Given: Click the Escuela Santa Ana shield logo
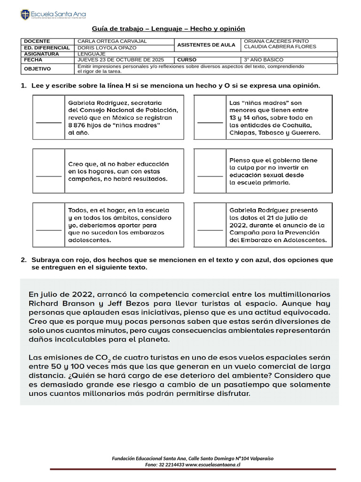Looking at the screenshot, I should tap(25, 15).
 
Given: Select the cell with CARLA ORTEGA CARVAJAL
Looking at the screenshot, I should tap(112, 41).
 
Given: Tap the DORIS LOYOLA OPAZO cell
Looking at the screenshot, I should tap(107, 48).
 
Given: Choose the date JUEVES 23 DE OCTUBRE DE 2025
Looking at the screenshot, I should tap(121, 60).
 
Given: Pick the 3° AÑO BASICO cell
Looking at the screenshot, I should tap(263, 60).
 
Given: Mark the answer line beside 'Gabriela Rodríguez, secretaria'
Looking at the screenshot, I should tap(48, 121).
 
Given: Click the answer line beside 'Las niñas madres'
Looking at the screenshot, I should tap(210, 121).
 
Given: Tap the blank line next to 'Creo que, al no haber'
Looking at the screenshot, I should tap(48, 176).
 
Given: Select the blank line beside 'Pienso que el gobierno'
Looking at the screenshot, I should tap(210, 176).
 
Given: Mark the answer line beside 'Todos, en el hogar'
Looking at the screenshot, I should tap(48, 230).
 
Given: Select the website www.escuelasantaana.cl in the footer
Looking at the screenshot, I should tap(213, 465).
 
